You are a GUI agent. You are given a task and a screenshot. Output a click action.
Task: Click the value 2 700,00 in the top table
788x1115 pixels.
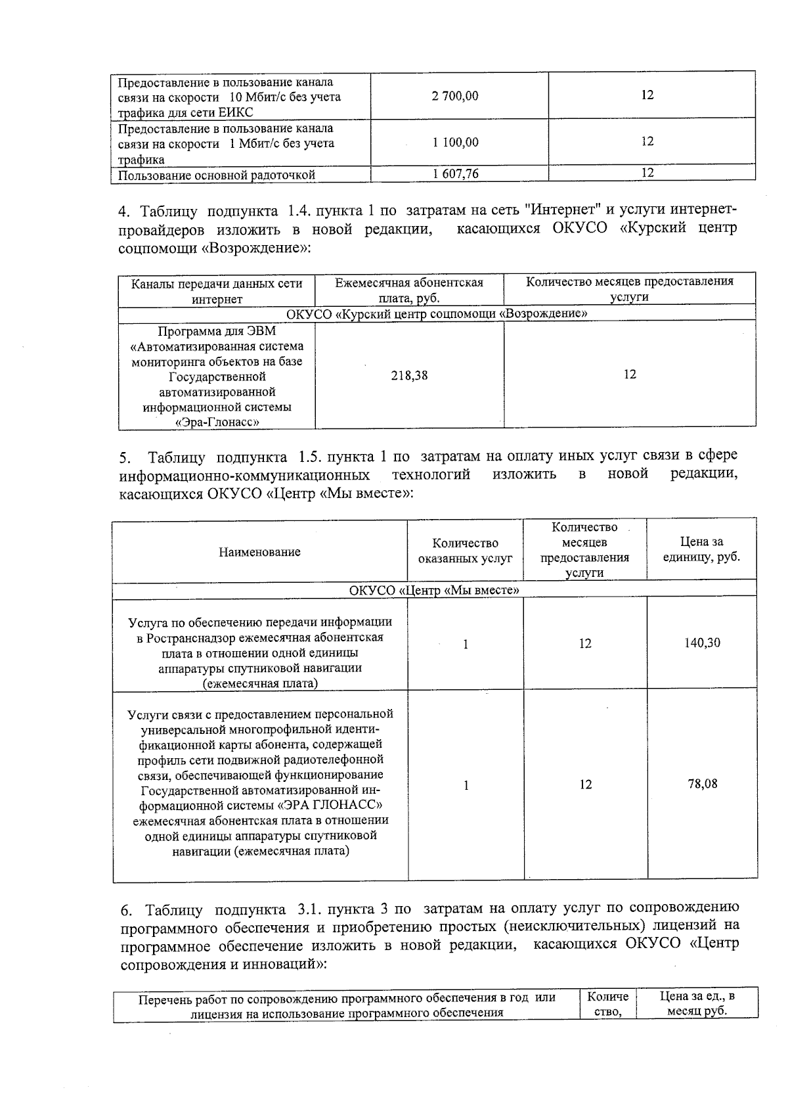pos(455,96)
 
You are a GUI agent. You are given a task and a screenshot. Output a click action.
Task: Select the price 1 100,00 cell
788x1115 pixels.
pos(455,142)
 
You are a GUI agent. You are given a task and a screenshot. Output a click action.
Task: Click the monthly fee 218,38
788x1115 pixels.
pos(410,375)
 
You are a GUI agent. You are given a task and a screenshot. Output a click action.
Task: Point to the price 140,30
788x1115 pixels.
pos(702,643)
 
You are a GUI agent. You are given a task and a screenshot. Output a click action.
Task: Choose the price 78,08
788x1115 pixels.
pos(702,784)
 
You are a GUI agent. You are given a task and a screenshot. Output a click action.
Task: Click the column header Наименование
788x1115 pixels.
pos(259,552)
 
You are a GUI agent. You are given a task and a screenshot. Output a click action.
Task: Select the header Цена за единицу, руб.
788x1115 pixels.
pos(701,550)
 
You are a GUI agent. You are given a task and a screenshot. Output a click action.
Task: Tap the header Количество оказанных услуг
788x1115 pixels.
pos(465,551)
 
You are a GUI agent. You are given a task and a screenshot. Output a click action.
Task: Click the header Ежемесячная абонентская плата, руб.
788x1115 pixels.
pos(409,290)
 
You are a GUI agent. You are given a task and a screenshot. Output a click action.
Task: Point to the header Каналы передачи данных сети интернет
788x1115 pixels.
pos(217,291)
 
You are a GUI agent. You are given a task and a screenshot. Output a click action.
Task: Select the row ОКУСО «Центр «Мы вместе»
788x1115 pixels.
pos(434,590)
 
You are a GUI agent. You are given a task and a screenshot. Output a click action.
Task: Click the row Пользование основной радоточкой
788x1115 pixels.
pos(217,175)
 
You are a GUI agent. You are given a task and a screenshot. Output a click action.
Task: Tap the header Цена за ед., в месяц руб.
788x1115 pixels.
pos(697,1004)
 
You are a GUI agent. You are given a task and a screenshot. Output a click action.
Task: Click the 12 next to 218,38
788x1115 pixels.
pos(629,375)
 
